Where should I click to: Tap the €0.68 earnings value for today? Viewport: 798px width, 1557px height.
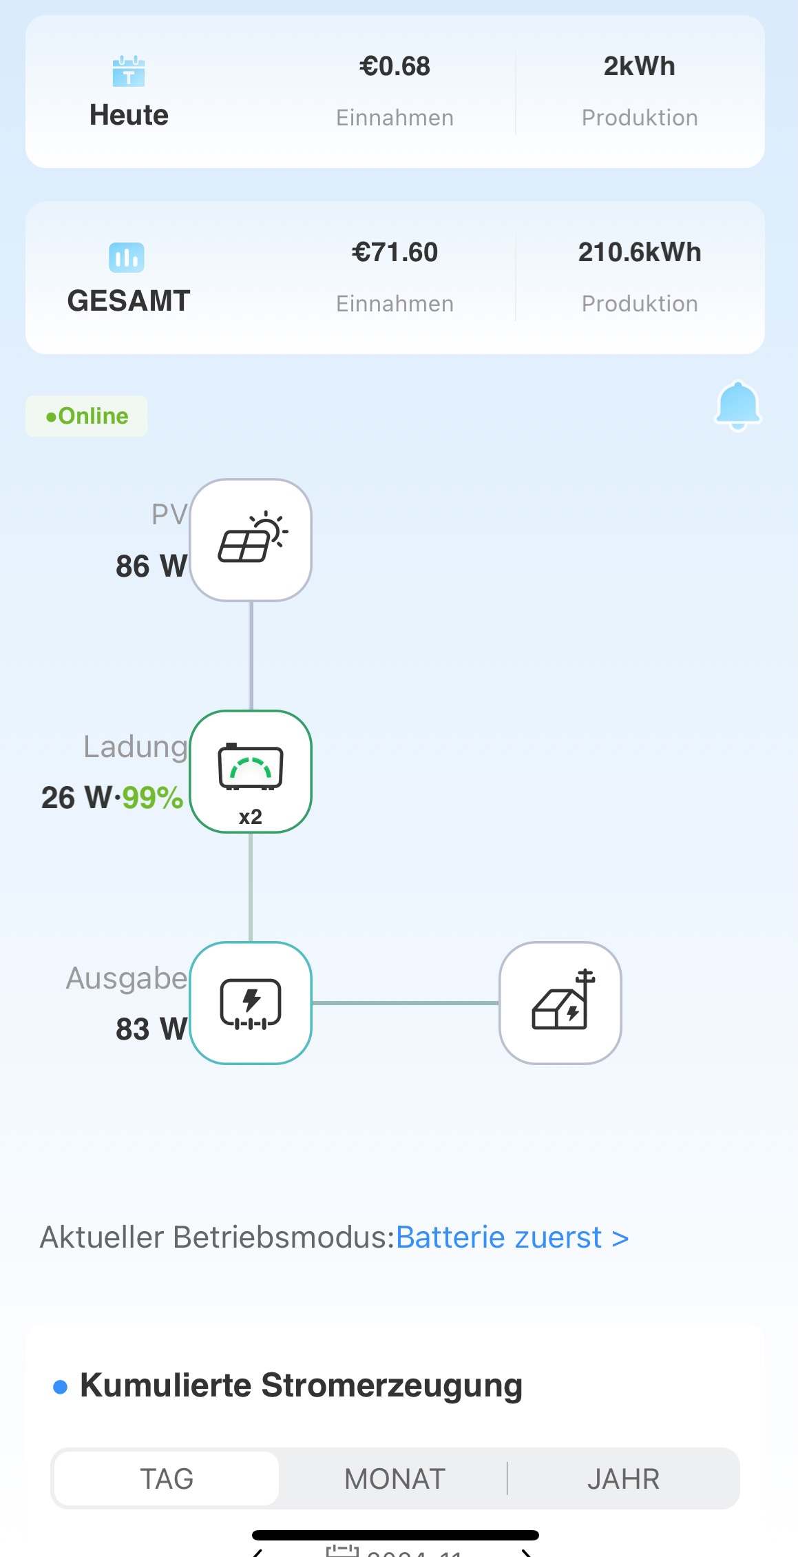click(x=395, y=66)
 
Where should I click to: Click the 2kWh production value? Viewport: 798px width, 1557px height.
click(x=639, y=66)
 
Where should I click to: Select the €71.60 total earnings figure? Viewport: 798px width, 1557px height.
click(x=395, y=252)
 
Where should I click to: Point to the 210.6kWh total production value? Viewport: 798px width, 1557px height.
click(x=639, y=252)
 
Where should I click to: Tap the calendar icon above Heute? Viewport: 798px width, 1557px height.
click(x=129, y=71)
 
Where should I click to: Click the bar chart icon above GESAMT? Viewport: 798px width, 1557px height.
click(x=127, y=258)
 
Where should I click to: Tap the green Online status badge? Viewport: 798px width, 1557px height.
click(x=87, y=416)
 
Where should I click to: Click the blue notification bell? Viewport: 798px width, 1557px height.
click(x=737, y=406)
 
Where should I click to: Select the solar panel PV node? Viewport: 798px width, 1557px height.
click(x=251, y=540)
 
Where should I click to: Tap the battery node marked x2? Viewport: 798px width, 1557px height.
click(x=251, y=772)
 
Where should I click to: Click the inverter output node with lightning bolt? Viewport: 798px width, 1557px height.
click(x=251, y=1003)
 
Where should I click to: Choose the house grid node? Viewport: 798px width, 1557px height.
click(x=560, y=1003)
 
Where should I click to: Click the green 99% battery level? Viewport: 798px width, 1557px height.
click(x=153, y=798)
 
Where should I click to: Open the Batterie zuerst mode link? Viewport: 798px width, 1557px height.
click(x=512, y=1237)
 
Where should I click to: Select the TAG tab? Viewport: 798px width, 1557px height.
click(x=167, y=1478)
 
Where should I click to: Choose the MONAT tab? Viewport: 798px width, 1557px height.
click(x=395, y=1478)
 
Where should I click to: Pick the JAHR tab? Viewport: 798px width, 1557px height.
click(x=623, y=1478)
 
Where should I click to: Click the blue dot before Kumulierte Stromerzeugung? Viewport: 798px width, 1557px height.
click(x=61, y=1387)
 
